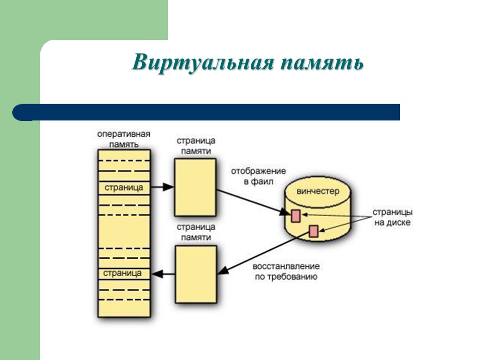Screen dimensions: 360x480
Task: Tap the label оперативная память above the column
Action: (x=124, y=140)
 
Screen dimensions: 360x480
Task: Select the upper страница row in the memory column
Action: (x=124, y=187)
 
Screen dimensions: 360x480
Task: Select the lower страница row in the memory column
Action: (x=124, y=273)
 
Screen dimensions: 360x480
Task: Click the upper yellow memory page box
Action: (x=195, y=187)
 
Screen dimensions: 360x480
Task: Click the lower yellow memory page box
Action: (x=195, y=275)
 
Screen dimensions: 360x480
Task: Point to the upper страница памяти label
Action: (x=196, y=146)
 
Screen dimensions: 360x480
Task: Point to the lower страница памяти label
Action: (x=196, y=232)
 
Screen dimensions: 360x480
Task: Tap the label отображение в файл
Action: (x=258, y=176)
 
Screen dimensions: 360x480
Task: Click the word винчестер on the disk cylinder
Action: (x=318, y=192)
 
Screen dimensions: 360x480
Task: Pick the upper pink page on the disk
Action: (x=296, y=215)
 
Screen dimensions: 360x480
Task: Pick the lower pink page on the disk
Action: (x=313, y=231)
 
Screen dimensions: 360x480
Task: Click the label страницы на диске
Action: (x=392, y=217)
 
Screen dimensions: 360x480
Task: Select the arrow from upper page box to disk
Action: (x=253, y=202)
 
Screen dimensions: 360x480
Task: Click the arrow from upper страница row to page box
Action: (x=162, y=187)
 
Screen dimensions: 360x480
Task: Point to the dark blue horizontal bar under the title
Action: (x=206, y=112)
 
